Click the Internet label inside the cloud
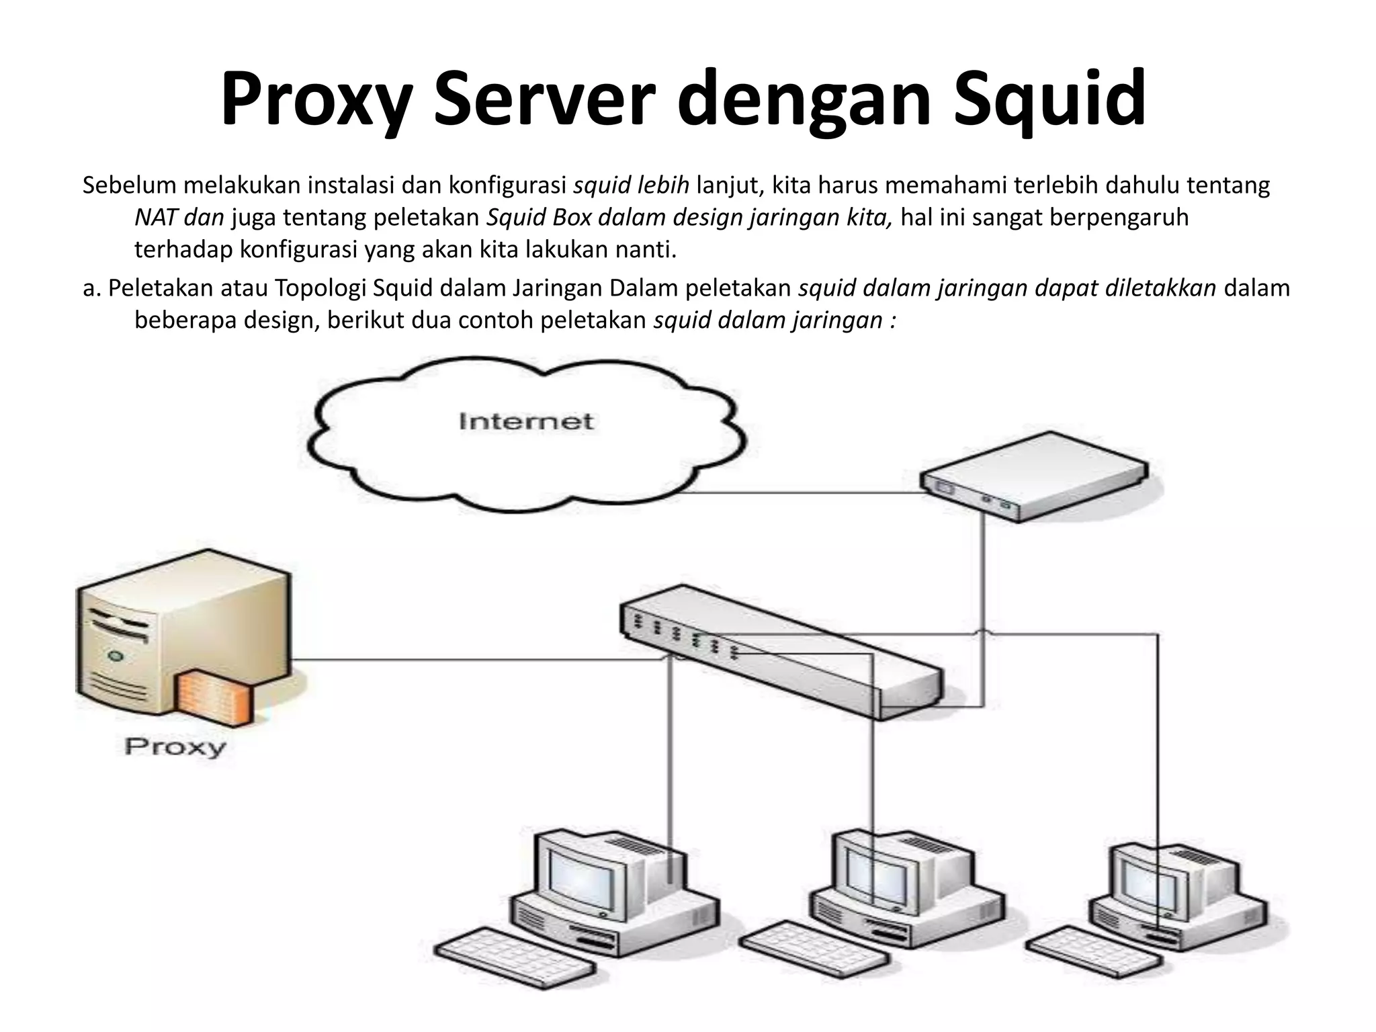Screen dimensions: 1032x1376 [x=526, y=421]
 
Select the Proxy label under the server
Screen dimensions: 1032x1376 [x=175, y=747]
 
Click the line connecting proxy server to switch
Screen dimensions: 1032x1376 [x=470, y=660]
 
